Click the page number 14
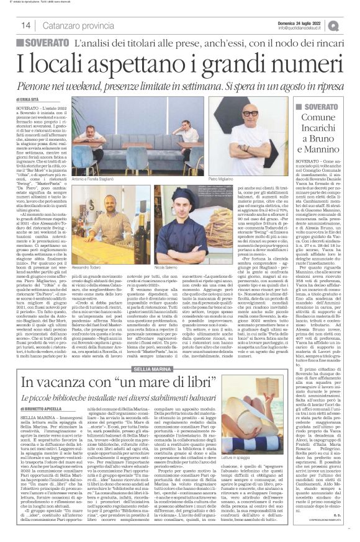26,25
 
